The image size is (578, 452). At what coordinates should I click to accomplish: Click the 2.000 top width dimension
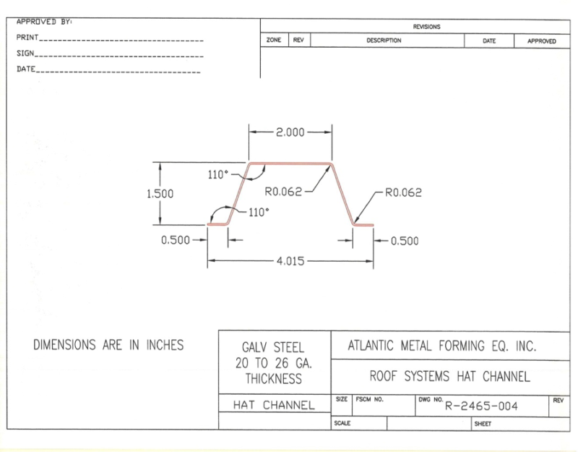point(290,132)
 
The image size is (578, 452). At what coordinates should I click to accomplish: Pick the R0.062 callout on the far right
point(403,193)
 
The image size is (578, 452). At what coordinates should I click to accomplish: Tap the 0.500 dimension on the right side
point(404,241)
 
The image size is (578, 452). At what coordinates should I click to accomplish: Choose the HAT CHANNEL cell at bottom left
point(275,406)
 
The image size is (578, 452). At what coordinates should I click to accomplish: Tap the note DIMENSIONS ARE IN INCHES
point(108,345)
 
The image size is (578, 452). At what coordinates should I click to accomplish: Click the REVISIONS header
point(426,27)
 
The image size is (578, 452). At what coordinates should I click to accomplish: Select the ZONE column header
point(274,41)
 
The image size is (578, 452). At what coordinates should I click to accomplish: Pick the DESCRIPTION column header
point(384,41)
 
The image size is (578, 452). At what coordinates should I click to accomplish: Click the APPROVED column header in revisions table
point(541,41)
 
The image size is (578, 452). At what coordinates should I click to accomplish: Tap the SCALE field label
point(342,424)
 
